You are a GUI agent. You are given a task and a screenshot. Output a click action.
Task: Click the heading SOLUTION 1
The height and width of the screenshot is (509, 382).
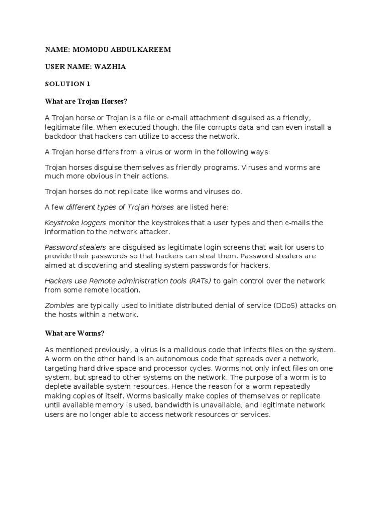click(x=68, y=85)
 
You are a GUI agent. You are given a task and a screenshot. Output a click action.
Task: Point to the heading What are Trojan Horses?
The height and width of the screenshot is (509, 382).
click(x=86, y=101)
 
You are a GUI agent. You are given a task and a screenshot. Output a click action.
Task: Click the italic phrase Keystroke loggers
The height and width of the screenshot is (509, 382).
click(x=76, y=223)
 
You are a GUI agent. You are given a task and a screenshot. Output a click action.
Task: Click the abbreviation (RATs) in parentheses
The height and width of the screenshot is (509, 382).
click(x=200, y=281)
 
